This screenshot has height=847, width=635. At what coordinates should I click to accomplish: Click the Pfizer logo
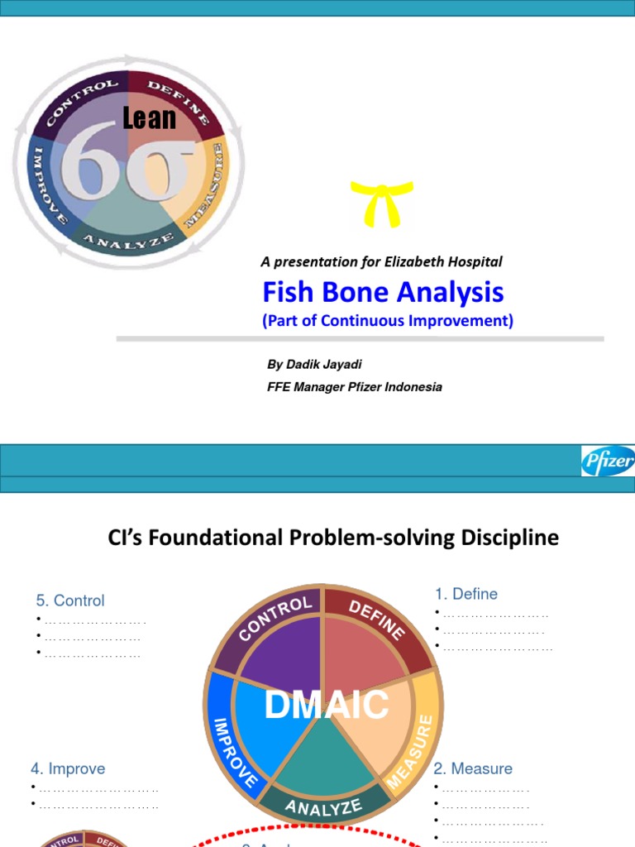point(608,461)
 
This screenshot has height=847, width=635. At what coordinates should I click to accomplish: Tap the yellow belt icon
point(381,203)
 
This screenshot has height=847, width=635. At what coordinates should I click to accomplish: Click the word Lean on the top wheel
point(150,119)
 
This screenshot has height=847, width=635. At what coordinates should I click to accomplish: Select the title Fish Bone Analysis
point(383,292)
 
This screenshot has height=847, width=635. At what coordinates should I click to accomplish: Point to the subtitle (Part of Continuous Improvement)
point(388,321)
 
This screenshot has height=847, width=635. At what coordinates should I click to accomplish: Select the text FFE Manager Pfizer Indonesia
point(354,386)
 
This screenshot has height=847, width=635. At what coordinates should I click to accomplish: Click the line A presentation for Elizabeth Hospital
point(381,261)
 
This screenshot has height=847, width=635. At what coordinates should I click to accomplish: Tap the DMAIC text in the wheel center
point(326,705)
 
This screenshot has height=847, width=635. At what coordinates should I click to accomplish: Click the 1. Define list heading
point(466,594)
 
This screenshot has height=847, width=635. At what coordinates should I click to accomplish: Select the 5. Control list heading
point(70,601)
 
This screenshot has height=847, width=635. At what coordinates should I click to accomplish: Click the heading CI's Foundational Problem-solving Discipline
point(333,538)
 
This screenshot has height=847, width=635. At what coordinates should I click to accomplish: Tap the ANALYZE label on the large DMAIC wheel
point(323,806)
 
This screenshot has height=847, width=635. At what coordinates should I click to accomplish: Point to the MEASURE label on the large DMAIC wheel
point(417,749)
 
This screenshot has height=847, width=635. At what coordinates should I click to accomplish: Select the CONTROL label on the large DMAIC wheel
point(275,619)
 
